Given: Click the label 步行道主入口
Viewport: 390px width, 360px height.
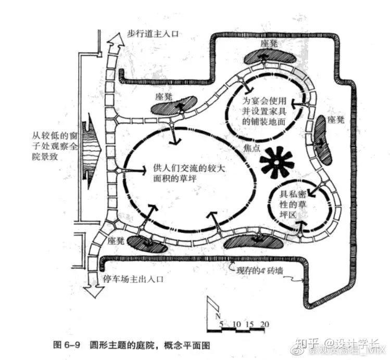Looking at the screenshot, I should (154, 33).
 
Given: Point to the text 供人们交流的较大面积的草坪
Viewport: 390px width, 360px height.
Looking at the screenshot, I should (185, 172).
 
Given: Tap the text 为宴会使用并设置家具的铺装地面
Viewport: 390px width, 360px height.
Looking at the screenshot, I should (265, 110).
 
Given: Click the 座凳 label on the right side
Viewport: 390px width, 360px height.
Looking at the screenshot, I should (336, 120).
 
